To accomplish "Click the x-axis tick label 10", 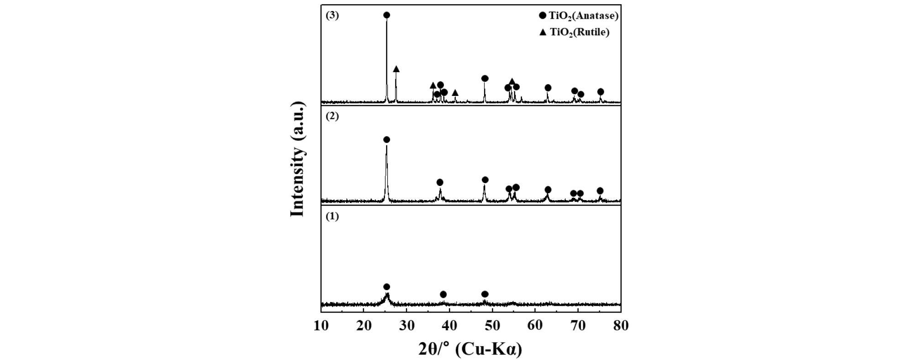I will click(x=321, y=326).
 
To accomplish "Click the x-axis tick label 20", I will click(x=364, y=326).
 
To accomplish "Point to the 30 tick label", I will click(x=407, y=326).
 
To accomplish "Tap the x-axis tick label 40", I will click(x=449, y=326).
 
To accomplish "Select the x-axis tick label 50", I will click(x=492, y=326).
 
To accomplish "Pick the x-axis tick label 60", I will click(x=535, y=326).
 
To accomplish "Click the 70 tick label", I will click(x=578, y=326).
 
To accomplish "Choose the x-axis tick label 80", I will click(x=621, y=326).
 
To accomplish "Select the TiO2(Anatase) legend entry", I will click(x=578, y=16).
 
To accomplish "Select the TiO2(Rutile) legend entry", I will click(x=574, y=32).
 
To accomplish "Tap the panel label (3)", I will click(x=332, y=15).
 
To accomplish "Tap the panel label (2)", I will click(x=332, y=116).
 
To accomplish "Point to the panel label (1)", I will click(x=332, y=217).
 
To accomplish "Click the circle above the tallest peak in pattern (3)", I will click(x=387, y=15).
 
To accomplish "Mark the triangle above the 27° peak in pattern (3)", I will click(x=396, y=69).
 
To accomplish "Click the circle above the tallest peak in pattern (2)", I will click(x=387, y=140).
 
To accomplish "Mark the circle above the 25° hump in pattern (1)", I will click(x=387, y=287).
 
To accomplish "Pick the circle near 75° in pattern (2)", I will click(x=600, y=191).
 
